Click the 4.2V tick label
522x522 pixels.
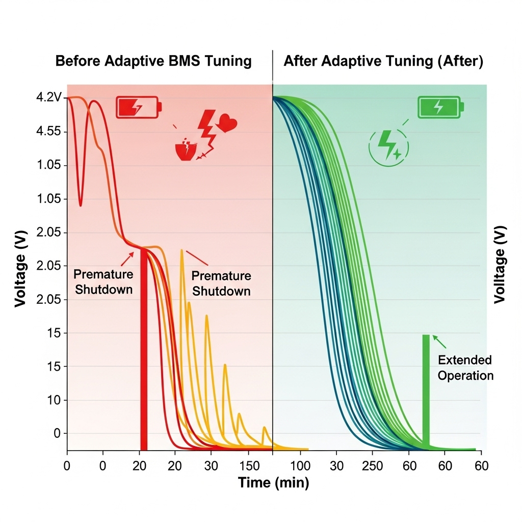point(49,97)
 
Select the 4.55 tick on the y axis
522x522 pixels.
point(49,131)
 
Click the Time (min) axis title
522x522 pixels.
point(273,482)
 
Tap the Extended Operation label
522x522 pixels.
point(465,368)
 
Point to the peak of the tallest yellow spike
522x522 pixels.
point(181,250)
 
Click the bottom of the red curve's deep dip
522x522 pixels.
point(81,205)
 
